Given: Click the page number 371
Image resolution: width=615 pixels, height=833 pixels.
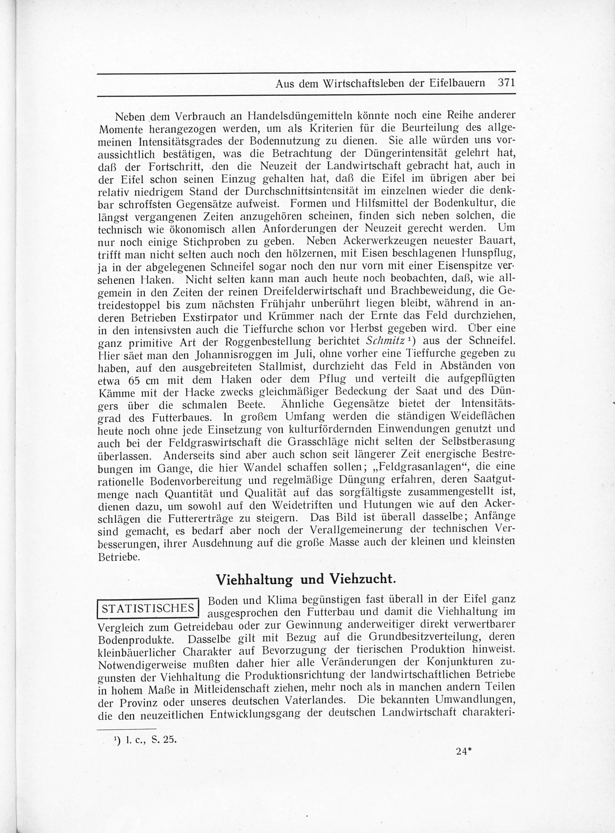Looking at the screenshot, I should [506, 83].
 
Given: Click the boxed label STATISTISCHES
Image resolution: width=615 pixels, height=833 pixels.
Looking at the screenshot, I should [148, 608].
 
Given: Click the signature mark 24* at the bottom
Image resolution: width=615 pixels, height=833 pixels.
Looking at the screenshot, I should [464, 751].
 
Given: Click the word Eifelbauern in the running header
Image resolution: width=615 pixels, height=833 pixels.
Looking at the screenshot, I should [458, 83].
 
